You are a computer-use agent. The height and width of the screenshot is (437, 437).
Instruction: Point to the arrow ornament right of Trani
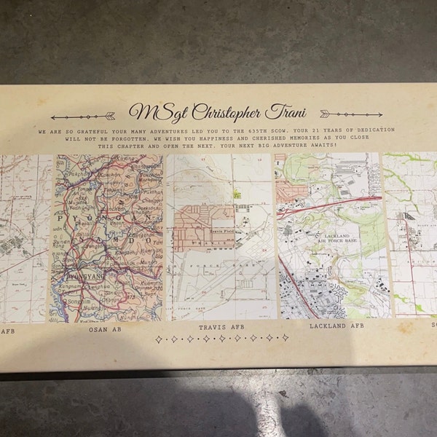340,114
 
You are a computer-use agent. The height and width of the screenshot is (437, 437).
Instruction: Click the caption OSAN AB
106,328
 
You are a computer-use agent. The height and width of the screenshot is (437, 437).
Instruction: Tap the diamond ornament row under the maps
221,339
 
